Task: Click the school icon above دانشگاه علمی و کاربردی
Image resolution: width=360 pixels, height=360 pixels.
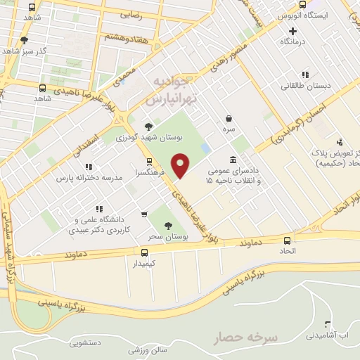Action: [99, 209]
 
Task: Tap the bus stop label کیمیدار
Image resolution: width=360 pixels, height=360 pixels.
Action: [145, 264]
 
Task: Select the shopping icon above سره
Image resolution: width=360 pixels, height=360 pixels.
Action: [229, 119]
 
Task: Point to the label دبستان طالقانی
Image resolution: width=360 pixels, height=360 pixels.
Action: [305, 86]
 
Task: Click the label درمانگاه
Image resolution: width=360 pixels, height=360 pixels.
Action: [295, 42]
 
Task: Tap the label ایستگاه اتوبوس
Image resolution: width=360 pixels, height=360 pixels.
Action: [303, 15]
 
